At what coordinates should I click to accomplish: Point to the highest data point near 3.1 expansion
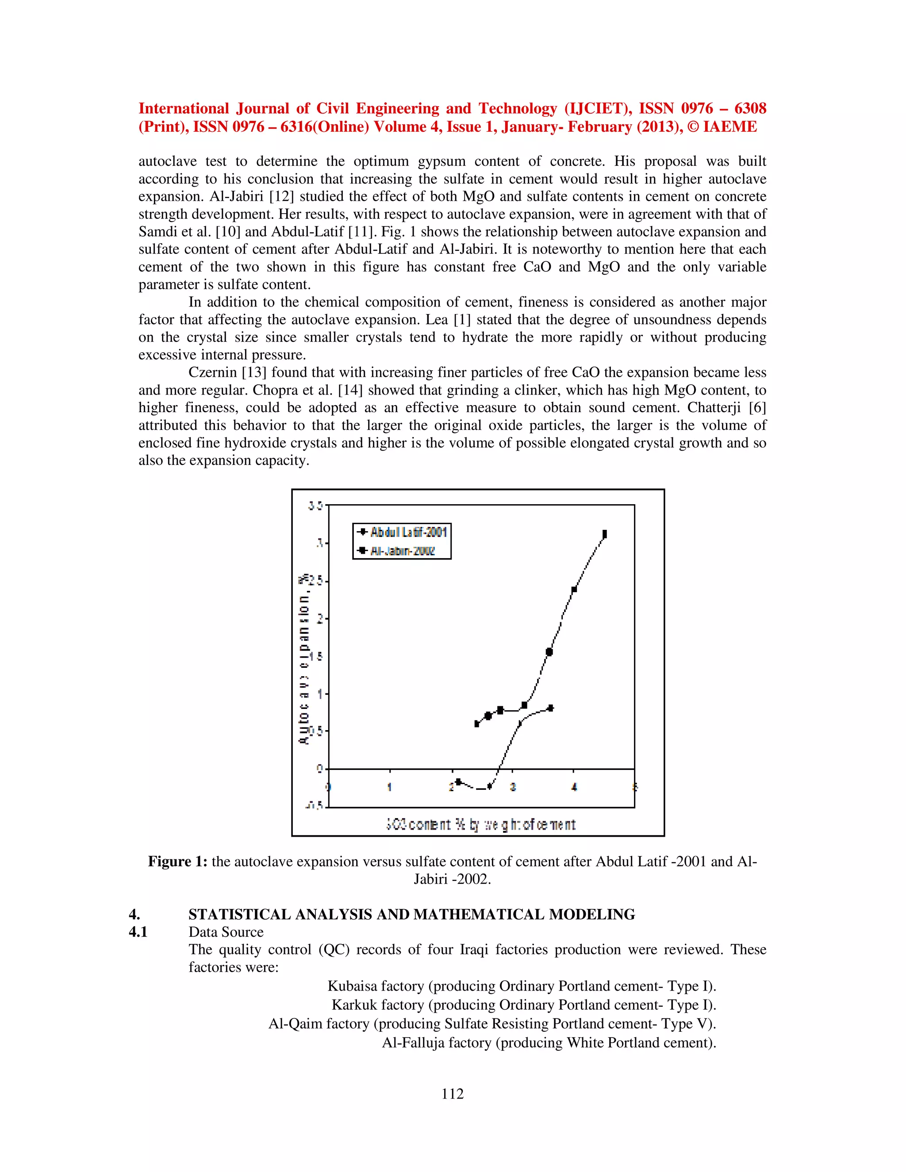[x=604, y=534]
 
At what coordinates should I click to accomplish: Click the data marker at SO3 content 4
[x=574, y=589]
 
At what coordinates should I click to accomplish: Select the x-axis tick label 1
[x=390, y=787]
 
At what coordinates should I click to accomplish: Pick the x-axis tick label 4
[x=574, y=787]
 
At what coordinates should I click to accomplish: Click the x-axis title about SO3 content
[x=480, y=824]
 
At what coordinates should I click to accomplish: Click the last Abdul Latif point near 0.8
[x=550, y=709]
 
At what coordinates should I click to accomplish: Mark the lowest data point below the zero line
[x=489, y=787]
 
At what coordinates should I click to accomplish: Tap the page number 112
[x=453, y=1093]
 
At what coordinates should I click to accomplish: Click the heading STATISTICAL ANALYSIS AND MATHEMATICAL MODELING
[x=411, y=915]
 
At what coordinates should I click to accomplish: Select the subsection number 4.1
[x=138, y=932]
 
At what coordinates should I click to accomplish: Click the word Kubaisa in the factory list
[x=349, y=986]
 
